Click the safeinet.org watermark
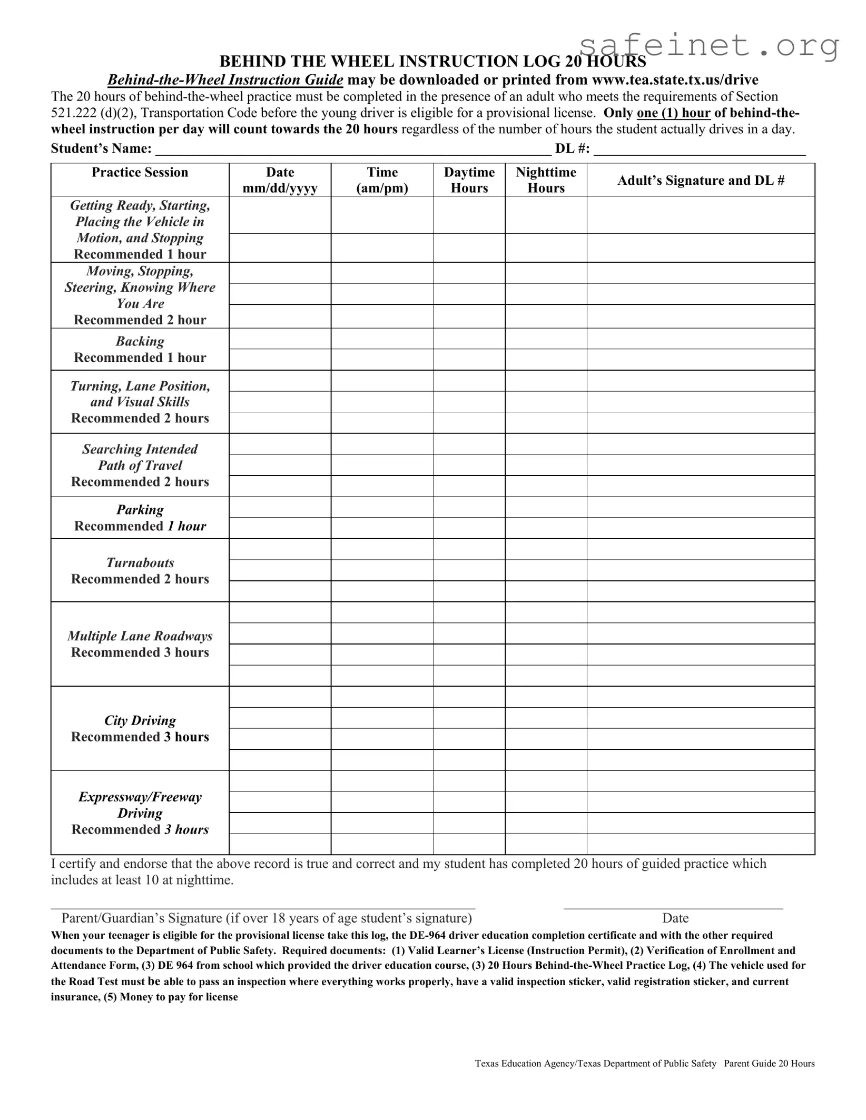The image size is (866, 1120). tap(708, 46)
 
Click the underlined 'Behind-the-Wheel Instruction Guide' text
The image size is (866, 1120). tap(225, 80)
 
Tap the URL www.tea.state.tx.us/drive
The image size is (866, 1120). tap(675, 80)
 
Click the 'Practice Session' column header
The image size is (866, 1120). tap(140, 173)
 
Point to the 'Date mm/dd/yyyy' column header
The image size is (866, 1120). tap(280, 180)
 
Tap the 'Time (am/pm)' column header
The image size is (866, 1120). tap(382, 180)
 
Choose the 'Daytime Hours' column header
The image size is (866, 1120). tap(469, 180)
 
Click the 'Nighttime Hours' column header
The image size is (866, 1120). tap(546, 180)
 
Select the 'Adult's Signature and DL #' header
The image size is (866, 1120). tap(701, 181)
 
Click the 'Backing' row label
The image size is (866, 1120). tap(140, 341)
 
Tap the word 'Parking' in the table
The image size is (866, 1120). tap(140, 510)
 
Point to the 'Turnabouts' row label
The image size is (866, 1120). tap(140, 563)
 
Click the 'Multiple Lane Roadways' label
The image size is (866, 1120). tap(140, 636)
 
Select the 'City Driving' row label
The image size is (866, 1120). tap(140, 720)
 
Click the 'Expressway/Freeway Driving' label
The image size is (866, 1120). tap(140, 805)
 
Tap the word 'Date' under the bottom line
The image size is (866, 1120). tap(675, 918)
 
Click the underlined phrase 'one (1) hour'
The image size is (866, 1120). tap(673, 113)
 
